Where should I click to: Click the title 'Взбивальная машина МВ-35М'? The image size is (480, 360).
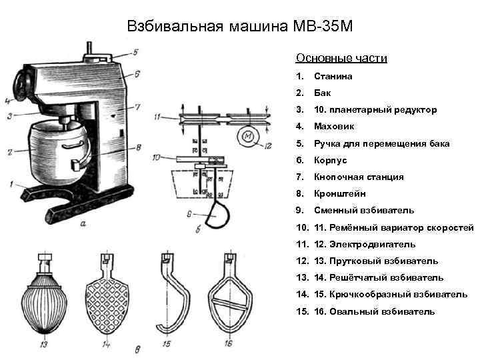239,27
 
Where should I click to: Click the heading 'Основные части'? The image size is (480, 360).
341,59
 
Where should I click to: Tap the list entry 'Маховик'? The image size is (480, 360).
335,127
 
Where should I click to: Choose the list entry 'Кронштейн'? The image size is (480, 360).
340,194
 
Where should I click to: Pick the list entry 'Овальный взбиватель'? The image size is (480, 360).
384,311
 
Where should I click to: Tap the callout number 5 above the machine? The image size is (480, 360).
135,52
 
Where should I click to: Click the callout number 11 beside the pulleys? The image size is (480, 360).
157,117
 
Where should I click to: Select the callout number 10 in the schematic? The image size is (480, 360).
155,158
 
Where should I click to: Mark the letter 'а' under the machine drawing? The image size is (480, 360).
83,224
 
